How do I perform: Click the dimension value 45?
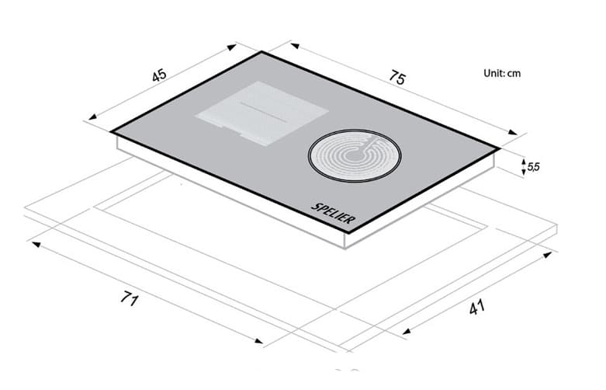point(159,76)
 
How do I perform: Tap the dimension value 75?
point(396,78)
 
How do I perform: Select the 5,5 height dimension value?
point(533,166)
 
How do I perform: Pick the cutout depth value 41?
point(476,308)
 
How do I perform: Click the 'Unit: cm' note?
point(501,73)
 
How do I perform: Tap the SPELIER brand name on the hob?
point(334,212)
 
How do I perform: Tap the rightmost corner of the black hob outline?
point(498,148)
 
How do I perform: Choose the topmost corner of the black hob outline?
point(263,52)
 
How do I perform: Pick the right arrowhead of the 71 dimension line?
point(261,342)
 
